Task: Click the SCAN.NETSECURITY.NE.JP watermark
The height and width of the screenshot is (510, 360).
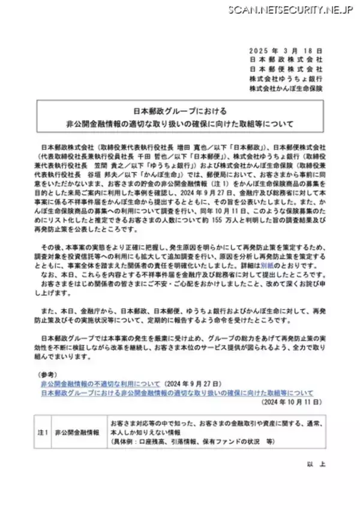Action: (x=289, y=10)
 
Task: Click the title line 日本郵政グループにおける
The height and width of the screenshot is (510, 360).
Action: (x=180, y=112)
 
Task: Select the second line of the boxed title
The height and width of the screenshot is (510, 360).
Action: (x=180, y=124)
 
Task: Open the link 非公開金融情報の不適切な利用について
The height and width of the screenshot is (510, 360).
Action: (x=100, y=382)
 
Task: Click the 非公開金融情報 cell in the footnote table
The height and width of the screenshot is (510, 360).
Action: (x=76, y=431)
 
